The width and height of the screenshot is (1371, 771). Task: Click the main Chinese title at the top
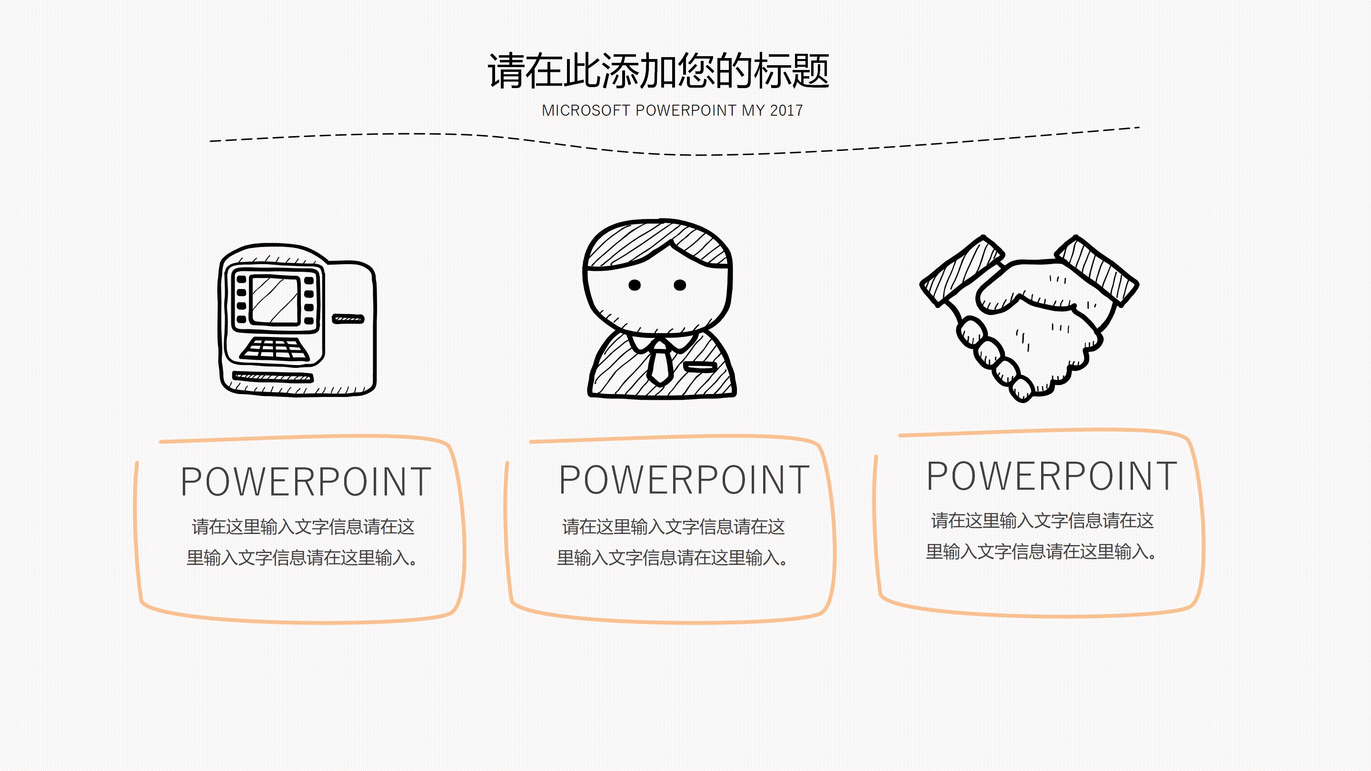pos(658,71)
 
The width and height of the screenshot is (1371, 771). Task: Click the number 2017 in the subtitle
pos(786,111)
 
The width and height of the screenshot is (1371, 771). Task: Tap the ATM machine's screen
pos(274,300)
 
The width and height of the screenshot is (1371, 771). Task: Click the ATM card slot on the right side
pos(348,319)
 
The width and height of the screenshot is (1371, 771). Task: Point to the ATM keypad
pos(275,350)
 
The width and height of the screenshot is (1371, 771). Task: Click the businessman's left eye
pos(635,285)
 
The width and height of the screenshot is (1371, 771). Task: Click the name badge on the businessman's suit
pos(700,366)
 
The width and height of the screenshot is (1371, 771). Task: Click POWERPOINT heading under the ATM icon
pos(306,482)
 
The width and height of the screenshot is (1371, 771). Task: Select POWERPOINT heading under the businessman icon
pos(684,480)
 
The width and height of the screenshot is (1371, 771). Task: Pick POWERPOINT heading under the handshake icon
pos(1052,476)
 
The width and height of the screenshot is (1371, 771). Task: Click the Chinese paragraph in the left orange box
pos(303,542)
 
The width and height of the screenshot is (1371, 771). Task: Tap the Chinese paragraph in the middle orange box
pos(673,542)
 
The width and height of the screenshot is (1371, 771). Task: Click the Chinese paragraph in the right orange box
pos(1042,536)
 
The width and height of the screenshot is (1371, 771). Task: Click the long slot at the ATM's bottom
pos(272,377)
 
